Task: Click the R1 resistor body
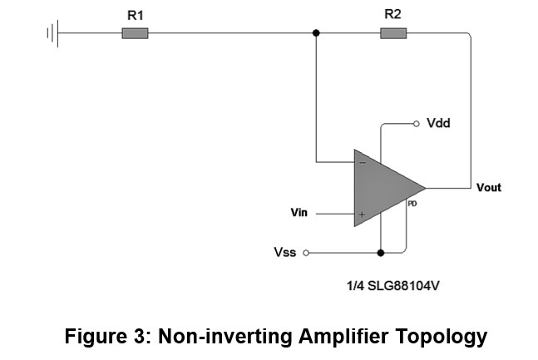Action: [x=135, y=33]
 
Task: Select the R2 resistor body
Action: [x=393, y=33]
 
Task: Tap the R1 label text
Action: [x=136, y=16]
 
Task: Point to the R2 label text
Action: [x=392, y=14]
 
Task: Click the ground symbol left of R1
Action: [x=53, y=33]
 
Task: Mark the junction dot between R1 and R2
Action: [x=316, y=33]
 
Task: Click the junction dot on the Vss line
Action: [x=381, y=253]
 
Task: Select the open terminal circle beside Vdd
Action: [x=417, y=124]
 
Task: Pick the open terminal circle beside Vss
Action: [x=306, y=253]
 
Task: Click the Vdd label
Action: [x=438, y=123]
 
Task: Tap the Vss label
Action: [x=284, y=252]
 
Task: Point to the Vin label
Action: [x=299, y=213]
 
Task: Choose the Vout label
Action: [x=489, y=187]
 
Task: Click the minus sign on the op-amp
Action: [x=363, y=163]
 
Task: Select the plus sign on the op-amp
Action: [x=362, y=215]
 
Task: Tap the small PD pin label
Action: [x=412, y=204]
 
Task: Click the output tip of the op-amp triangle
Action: [x=426, y=188]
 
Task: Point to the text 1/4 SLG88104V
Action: [x=392, y=285]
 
